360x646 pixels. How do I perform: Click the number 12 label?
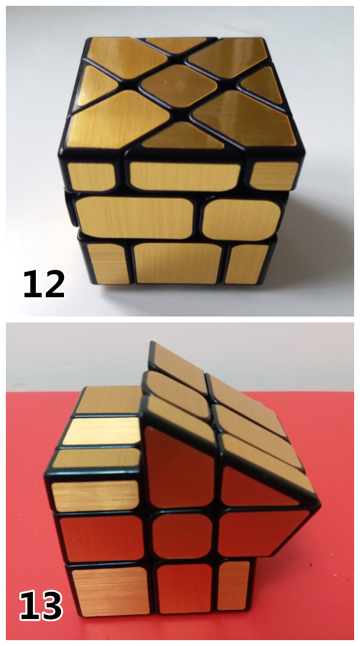(x=44, y=284)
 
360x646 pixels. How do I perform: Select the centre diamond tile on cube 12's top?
(x=179, y=85)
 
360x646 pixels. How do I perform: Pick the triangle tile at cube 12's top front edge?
(x=183, y=136)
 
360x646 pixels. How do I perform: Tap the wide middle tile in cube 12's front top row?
(x=184, y=176)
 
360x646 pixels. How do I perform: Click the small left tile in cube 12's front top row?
(x=92, y=176)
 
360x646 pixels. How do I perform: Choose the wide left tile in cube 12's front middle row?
(x=134, y=217)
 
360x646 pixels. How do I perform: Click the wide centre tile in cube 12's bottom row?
(x=178, y=263)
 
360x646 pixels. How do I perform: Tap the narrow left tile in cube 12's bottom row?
(x=109, y=264)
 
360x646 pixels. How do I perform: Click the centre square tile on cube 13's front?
(x=182, y=536)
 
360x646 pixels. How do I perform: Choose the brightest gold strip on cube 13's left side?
(x=102, y=431)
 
